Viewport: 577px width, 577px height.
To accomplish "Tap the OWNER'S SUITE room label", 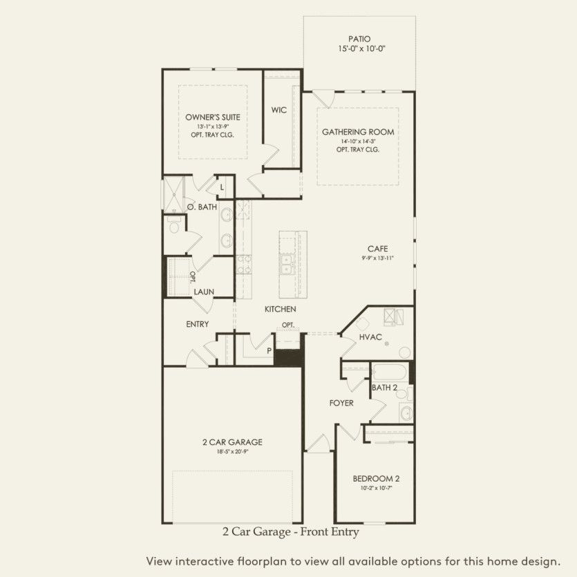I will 212,117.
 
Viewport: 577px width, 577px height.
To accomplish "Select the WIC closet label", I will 279,110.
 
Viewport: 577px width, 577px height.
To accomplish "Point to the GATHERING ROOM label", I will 358,132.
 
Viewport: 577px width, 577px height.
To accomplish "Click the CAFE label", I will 377,249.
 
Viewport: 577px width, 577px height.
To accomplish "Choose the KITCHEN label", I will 281,310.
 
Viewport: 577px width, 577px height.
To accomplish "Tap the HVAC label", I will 370,337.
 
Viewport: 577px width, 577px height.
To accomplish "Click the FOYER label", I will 341,403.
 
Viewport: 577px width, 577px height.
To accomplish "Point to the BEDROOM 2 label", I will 377,478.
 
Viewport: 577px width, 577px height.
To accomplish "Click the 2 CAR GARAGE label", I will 232,442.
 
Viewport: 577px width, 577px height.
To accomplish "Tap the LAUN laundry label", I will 204,292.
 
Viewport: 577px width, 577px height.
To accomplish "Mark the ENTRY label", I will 198,324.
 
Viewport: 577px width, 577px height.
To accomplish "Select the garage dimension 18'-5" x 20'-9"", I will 232,451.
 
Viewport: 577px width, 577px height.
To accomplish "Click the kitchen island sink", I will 287,262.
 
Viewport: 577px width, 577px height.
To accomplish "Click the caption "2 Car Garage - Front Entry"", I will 291,532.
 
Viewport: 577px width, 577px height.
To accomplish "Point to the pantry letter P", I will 269,350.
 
